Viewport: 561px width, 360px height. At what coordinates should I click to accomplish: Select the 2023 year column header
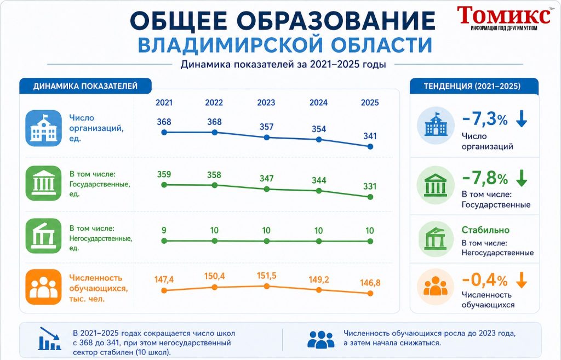coord(266,102)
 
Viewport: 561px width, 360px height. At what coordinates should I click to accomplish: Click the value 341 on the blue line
coord(370,136)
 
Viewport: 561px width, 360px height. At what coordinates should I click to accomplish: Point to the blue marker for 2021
coord(164,133)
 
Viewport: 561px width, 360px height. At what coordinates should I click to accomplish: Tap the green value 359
coord(164,174)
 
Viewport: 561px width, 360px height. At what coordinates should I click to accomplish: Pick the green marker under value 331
coord(370,197)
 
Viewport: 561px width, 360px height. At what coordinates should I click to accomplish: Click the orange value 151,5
coord(267,276)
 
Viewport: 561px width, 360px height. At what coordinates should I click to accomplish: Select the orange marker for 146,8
coord(370,294)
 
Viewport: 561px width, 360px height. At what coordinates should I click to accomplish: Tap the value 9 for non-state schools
coord(164,230)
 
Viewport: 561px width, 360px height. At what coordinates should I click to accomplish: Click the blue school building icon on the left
coord(44,128)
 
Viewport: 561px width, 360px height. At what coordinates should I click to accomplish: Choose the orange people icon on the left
coord(44,287)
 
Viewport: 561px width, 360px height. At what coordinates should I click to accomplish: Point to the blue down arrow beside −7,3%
coord(522,119)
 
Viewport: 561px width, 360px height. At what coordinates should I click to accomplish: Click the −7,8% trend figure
coord(485,178)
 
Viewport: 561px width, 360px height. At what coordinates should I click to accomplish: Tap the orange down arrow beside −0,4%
coord(522,280)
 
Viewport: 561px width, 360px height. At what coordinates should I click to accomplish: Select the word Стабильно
coord(485,230)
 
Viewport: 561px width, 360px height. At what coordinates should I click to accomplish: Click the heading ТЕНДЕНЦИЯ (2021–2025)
coord(472,86)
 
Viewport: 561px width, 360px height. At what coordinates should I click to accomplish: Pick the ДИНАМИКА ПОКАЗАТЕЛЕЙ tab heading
coord(85,86)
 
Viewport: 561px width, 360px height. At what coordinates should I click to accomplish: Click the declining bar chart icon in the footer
coord(50,338)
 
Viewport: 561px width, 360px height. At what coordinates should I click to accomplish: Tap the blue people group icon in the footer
coord(321,339)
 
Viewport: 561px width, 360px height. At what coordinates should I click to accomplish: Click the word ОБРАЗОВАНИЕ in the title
coord(336,20)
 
